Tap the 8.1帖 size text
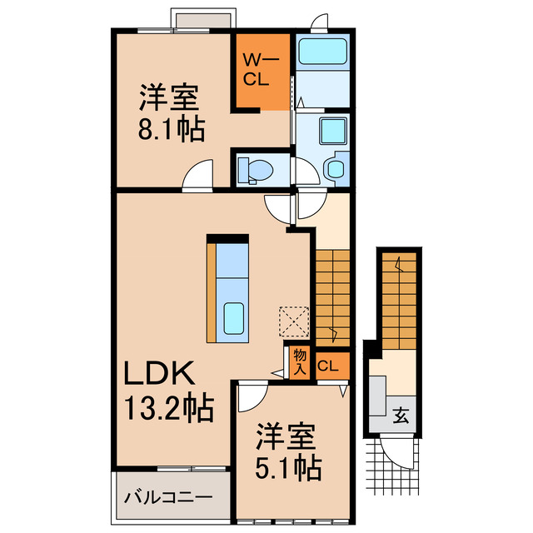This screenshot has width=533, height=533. click(172, 130)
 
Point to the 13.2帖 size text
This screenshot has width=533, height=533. click(169, 408)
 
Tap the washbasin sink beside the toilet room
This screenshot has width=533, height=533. click(336, 169)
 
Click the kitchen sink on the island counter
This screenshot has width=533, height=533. click(235, 317)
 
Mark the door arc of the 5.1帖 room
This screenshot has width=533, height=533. click(250, 398)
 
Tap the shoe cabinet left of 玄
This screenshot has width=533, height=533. click(378, 400)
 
